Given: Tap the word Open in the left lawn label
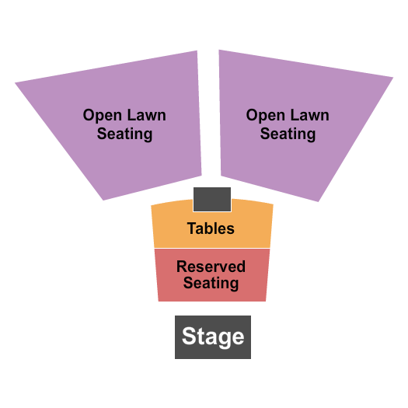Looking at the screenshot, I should click(100, 116).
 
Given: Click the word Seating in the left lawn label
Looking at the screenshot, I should click(124, 134).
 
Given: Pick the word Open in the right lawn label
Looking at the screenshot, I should click(263, 116).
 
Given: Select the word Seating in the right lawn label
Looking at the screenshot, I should click(288, 134).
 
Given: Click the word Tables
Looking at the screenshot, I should click(211, 228).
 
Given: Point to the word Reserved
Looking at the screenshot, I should click(211, 267).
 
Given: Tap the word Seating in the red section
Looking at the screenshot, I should click(211, 283).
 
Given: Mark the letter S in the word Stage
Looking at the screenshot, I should click(188, 337).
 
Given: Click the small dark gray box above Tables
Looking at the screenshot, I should click(212, 200).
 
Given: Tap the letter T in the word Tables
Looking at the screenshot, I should click(191, 228).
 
